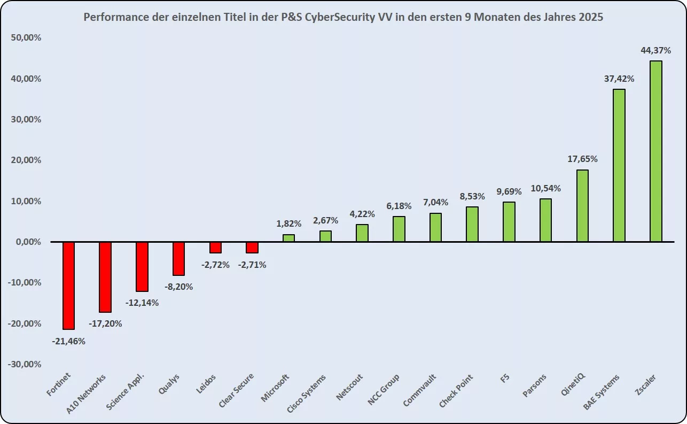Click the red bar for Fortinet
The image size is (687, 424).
click(68, 286)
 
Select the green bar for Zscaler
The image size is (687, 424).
click(655, 151)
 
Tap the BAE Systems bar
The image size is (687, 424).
click(619, 165)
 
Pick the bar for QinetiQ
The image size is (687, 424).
click(582, 206)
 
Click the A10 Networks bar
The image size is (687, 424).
click(105, 277)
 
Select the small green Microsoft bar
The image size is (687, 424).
click(288, 238)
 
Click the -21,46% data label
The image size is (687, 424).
click(68, 341)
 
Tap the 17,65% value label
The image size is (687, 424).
click(582, 159)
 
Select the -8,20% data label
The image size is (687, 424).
click(178, 287)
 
